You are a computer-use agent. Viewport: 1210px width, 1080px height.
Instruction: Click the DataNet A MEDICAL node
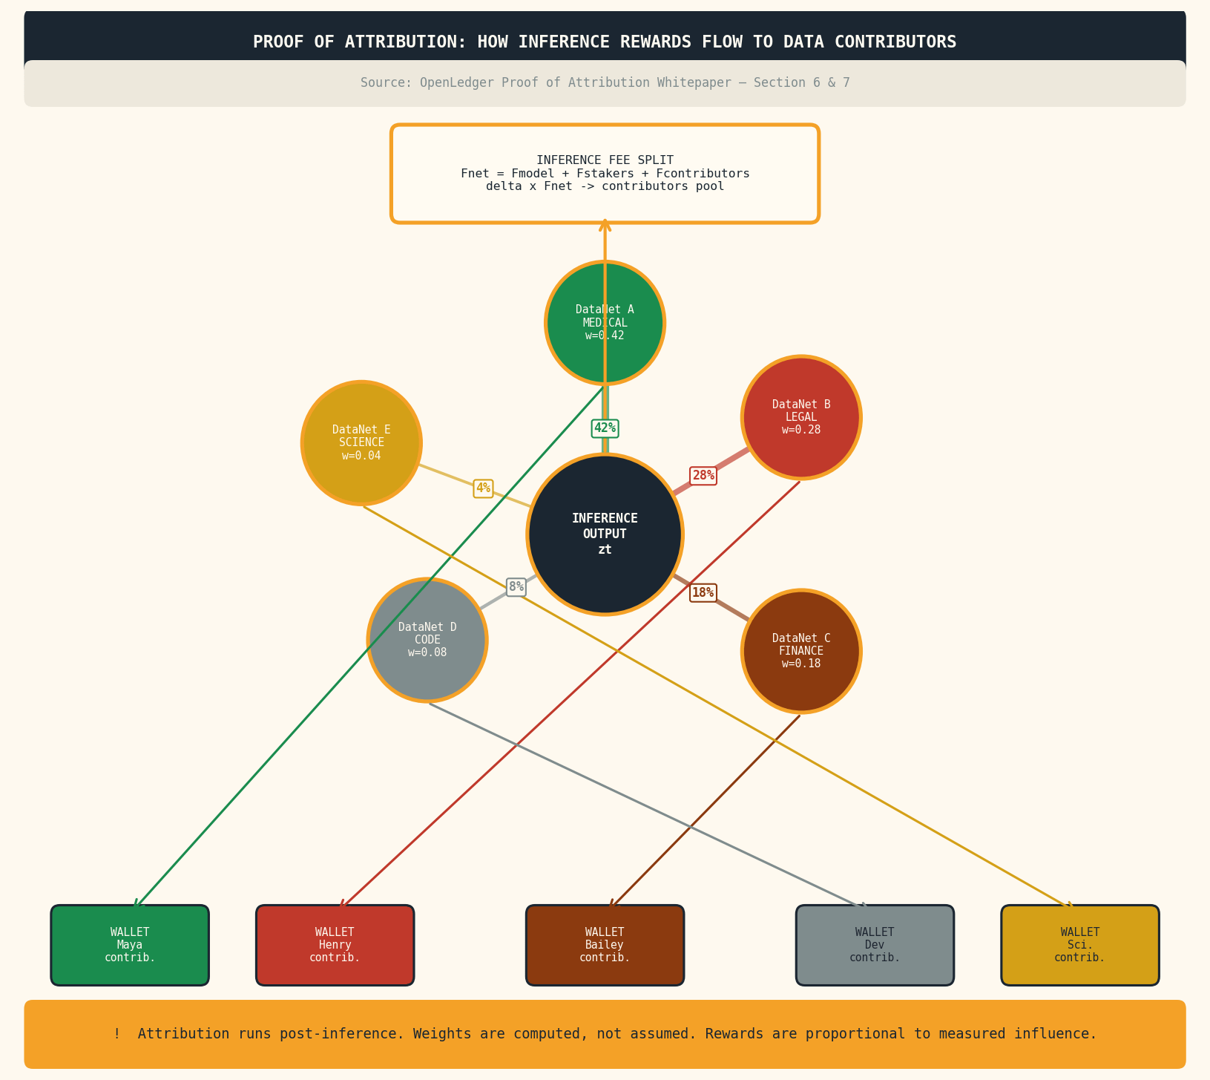coord(605,323)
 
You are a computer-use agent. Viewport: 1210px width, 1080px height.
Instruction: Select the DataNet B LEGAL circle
coord(801,417)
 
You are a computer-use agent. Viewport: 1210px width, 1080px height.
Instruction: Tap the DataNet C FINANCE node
coord(801,651)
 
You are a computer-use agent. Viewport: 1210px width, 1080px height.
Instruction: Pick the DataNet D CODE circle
coord(427,640)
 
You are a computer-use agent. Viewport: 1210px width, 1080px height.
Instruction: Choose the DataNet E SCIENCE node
coord(361,442)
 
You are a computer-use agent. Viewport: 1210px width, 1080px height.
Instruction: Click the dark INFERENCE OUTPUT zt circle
coord(605,534)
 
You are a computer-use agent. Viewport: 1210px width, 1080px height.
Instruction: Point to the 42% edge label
coord(605,428)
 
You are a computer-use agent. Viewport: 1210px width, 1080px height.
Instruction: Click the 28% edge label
coord(703,476)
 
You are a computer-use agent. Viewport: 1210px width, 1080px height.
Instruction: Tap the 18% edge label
coord(703,592)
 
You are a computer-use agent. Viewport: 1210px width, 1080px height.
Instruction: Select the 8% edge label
coord(516,587)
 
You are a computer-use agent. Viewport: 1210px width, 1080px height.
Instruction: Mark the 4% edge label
coord(483,488)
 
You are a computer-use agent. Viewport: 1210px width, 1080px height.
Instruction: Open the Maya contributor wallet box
coord(130,945)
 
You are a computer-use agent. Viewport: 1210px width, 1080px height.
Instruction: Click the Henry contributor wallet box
coord(335,945)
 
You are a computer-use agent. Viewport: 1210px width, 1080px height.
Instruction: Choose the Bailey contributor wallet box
coord(605,945)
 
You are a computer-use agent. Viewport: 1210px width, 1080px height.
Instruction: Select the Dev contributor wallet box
coord(875,945)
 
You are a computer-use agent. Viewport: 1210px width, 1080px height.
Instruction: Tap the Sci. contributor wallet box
coord(1079,945)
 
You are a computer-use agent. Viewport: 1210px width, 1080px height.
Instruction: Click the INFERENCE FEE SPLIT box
coord(605,174)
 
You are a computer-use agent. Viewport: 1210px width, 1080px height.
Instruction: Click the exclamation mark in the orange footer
coord(117,1034)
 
